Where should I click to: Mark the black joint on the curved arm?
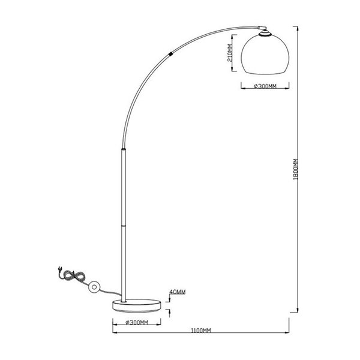(x=173, y=53)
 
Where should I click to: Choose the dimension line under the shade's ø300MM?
(x=265, y=91)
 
